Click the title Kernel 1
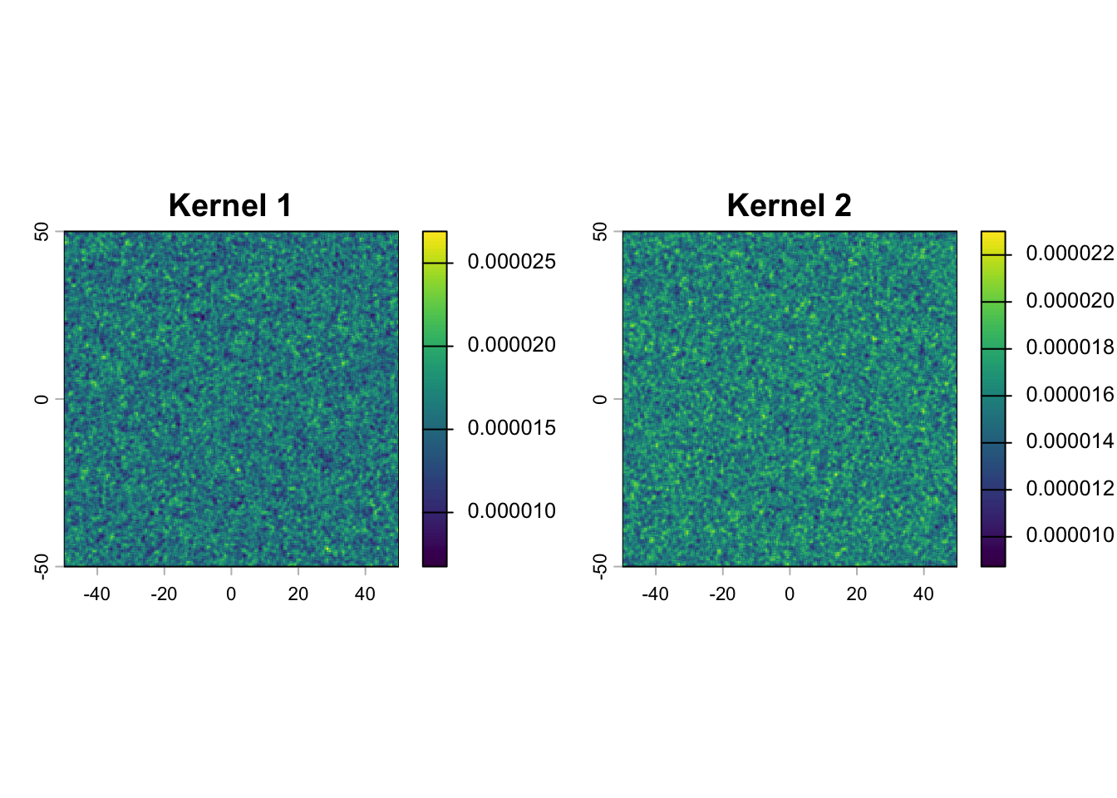tap(230, 205)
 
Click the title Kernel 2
tap(789, 205)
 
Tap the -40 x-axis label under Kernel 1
tap(96, 594)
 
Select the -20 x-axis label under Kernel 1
tap(164, 594)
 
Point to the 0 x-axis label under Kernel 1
tap(231, 594)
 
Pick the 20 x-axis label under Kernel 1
tap(298, 594)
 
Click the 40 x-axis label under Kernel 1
tap(365, 594)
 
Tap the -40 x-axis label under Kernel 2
tap(655, 594)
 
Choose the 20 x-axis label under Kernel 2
tap(857, 594)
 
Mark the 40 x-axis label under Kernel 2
tap(923, 594)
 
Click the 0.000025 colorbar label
tap(511, 262)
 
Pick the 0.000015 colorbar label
tap(511, 428)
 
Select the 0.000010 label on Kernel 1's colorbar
tap(511, 511)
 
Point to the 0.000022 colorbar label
tap(1070, 253)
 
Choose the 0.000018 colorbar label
tap(1070, 347)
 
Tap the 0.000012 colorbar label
tap(1070, 488)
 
